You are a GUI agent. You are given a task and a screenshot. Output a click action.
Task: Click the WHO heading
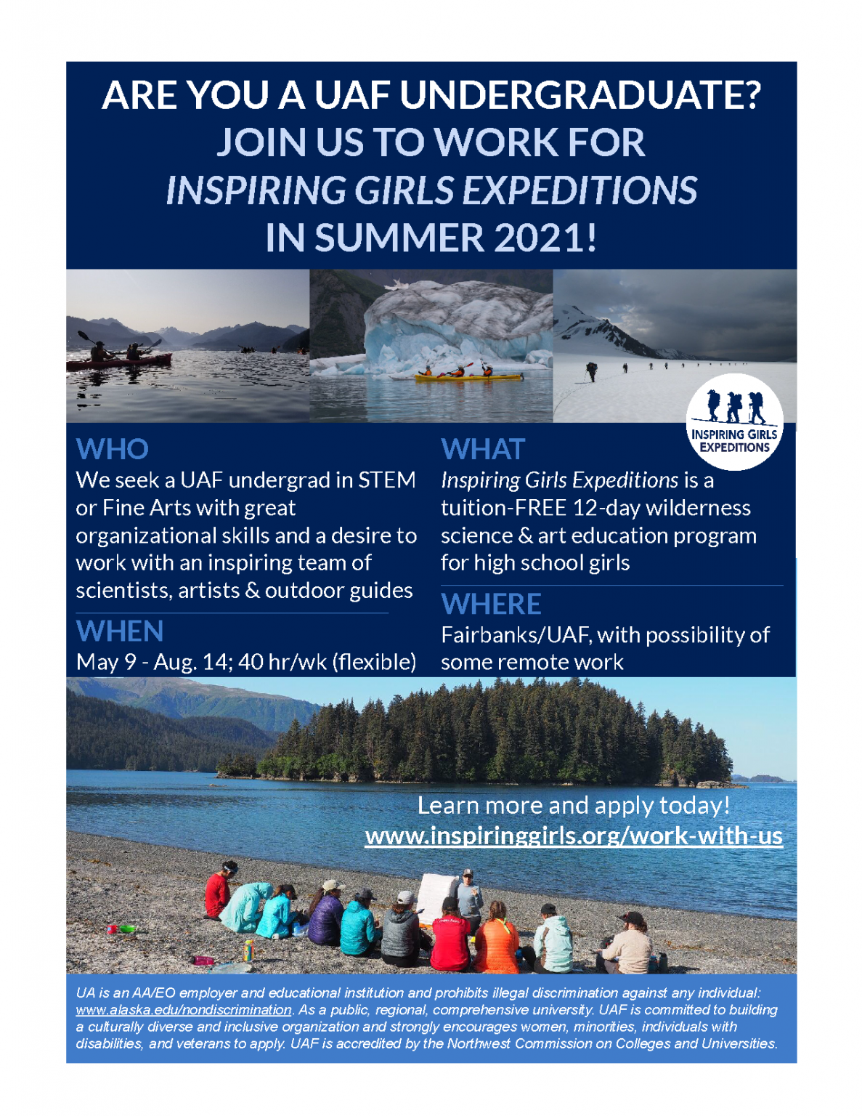point(113,449)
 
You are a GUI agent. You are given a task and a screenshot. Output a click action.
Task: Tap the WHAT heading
point(483,449)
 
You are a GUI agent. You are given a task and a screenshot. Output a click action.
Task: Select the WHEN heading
point(120,631)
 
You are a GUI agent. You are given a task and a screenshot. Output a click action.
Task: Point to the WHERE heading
point(491,604)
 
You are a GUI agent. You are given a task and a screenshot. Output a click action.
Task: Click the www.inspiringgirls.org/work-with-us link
point(574,836)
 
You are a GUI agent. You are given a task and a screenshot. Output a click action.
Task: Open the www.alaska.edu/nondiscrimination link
point(184,1010)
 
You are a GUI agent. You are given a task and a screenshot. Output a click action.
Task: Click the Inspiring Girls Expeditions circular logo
point(734,421)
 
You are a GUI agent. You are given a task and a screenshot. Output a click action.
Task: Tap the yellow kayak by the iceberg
point(468,378)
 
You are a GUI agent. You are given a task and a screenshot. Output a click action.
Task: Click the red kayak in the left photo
point(119,362)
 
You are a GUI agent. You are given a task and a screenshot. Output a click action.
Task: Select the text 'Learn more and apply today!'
point(574,805)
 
